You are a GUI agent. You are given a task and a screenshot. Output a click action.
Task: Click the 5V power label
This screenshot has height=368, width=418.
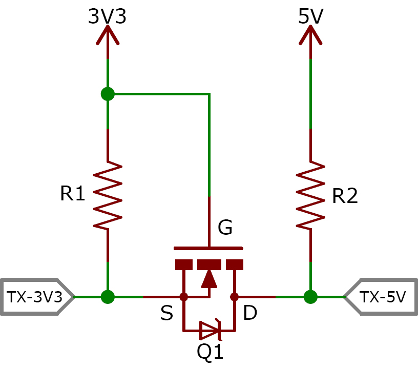click(x=310, y=16)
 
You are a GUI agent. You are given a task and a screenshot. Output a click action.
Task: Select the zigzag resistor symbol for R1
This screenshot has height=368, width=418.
click(x=108, y=195)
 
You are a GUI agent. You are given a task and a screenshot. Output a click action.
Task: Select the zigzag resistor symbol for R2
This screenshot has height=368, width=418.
click(x=310, y=195)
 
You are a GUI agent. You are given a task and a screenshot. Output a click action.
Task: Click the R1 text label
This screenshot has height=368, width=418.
click(x=72, y=193)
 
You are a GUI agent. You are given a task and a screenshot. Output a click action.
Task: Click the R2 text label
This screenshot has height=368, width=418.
click(x=344, y=195)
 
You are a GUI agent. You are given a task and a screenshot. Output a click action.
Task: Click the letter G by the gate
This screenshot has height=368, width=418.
click(x=225, y=227)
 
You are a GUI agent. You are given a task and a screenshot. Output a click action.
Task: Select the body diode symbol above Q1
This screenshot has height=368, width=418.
click(x=210, y=330)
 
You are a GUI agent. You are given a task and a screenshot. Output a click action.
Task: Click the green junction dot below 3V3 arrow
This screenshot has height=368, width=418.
click(x=108, y=94)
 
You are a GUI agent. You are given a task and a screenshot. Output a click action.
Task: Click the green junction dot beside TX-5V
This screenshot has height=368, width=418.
click(x=310, y=296)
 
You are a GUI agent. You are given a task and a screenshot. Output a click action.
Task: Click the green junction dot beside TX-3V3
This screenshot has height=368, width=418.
click(x=108, y=296)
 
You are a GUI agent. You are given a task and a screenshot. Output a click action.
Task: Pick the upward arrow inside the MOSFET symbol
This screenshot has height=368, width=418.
click(x=208, y=278)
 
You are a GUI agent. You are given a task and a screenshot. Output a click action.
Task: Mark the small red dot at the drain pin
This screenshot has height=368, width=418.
click(x=235, y=296)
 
